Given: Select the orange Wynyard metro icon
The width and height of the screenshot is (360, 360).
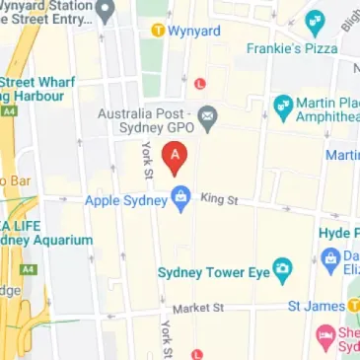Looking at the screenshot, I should (x=157, y=31).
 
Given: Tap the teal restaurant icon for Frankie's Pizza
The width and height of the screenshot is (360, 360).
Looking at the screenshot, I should (x=315, y=21).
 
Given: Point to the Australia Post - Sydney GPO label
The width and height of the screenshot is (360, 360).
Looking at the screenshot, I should (x=146, y=120).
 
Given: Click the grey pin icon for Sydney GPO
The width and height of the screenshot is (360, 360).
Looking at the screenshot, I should (x=208, y=120).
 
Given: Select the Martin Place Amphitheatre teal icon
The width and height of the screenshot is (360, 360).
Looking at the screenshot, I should (x=283, y=105).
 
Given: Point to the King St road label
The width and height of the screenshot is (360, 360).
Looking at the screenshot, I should (x=219, y=199).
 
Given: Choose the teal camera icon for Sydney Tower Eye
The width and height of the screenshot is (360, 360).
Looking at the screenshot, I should (x=282, y=269).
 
